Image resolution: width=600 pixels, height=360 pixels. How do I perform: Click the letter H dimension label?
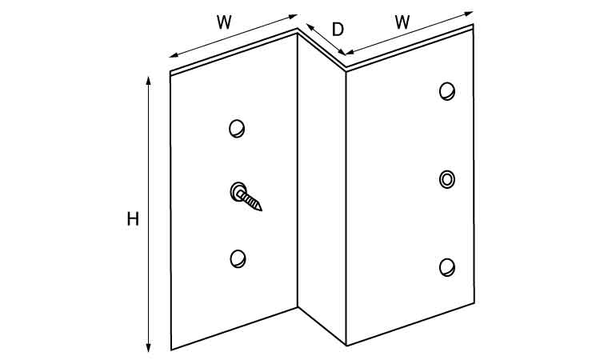133,219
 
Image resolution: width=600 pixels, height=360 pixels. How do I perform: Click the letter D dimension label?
338,30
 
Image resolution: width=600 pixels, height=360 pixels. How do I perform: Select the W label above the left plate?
224,22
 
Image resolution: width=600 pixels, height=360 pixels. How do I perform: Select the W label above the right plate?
402,22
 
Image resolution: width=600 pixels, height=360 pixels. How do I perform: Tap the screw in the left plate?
246,196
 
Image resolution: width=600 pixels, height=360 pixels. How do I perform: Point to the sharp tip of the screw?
262,210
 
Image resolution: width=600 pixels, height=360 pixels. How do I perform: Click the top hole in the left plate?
237,129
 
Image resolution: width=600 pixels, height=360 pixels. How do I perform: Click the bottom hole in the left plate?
238,259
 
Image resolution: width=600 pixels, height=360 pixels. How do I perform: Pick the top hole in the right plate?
447,91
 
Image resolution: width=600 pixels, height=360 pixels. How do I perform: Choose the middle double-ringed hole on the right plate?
447,179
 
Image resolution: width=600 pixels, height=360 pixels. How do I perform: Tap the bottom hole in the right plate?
447,267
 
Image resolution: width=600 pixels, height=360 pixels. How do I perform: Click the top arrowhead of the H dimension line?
149,81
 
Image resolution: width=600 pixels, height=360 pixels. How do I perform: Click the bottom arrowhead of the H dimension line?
149,347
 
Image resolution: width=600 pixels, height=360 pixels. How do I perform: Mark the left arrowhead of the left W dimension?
174,55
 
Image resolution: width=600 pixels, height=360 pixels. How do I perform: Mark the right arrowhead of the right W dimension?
469,14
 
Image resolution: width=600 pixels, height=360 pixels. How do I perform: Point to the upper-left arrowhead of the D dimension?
310,26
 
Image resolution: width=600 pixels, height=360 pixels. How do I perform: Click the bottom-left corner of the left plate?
171,350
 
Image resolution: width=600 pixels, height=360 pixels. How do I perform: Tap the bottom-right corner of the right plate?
474,302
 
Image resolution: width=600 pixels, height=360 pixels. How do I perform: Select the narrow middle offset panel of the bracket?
322,187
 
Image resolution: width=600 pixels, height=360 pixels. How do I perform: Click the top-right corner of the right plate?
474,25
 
